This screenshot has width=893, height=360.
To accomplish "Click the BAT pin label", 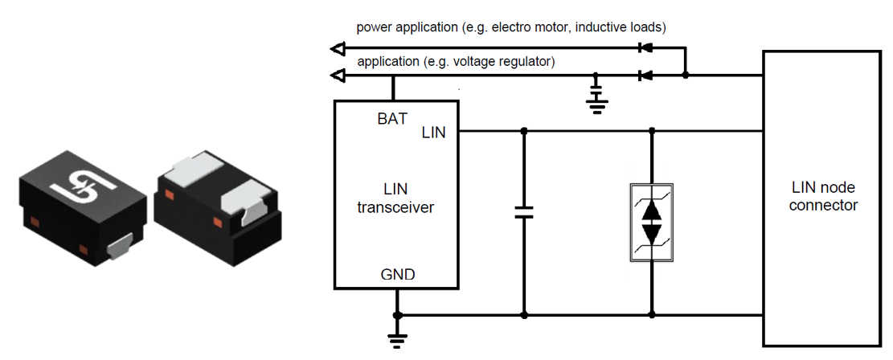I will coord(393,119).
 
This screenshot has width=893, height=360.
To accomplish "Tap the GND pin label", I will coord(397,275).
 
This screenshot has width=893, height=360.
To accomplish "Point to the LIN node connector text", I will coord(822,196).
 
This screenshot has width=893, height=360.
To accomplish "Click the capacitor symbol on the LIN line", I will coord(524,213).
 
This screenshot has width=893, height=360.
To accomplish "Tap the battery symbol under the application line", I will coord(596,95).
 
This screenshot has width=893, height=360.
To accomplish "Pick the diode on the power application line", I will coord(644,48).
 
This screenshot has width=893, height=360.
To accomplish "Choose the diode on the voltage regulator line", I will coord(644,76).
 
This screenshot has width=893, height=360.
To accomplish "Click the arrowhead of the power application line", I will coord(338,48).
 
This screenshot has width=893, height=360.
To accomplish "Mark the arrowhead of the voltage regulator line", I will coord(338,76).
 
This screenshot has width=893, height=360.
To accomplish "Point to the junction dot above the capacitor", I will coord(524,130).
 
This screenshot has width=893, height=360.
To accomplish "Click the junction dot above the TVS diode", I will coord(651,130).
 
